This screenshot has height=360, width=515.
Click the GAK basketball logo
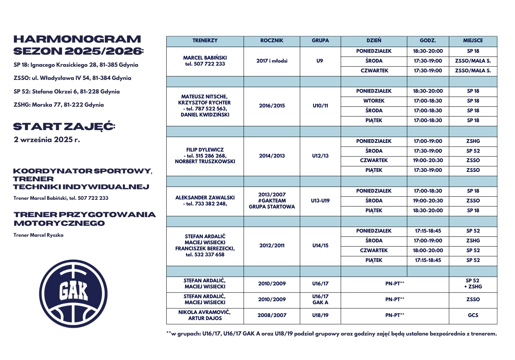coord(73,293)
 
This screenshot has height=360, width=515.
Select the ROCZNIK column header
coord(271,41)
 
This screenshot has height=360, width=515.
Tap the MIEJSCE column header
coord(473,41)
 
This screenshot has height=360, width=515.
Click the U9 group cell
coord(320,61)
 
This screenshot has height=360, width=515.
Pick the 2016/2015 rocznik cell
coord(271,106)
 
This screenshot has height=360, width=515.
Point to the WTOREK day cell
coord(374,101)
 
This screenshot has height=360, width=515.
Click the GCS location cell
coord(473,315)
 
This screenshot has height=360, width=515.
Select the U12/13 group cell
coord(320,156)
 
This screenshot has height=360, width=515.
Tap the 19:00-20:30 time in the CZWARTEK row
coord(428,160)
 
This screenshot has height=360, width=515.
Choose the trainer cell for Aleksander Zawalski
coord(205,201)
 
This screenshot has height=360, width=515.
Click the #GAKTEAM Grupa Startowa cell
coord(271,201)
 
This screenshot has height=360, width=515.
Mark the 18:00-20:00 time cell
coord(428,250)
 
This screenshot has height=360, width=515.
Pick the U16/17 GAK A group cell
coord(320,299)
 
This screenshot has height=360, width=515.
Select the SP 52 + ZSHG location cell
coord(473,283)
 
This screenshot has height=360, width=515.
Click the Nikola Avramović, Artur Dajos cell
coord(205,315)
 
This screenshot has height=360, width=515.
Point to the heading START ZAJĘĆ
coord(64,127)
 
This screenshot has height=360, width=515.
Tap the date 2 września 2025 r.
coord(47,140)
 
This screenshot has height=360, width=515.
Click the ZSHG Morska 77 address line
coord(58,105)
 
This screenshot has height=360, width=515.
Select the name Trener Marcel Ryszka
coord(38,235)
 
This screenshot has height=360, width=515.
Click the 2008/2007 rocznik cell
coord(271,315)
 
